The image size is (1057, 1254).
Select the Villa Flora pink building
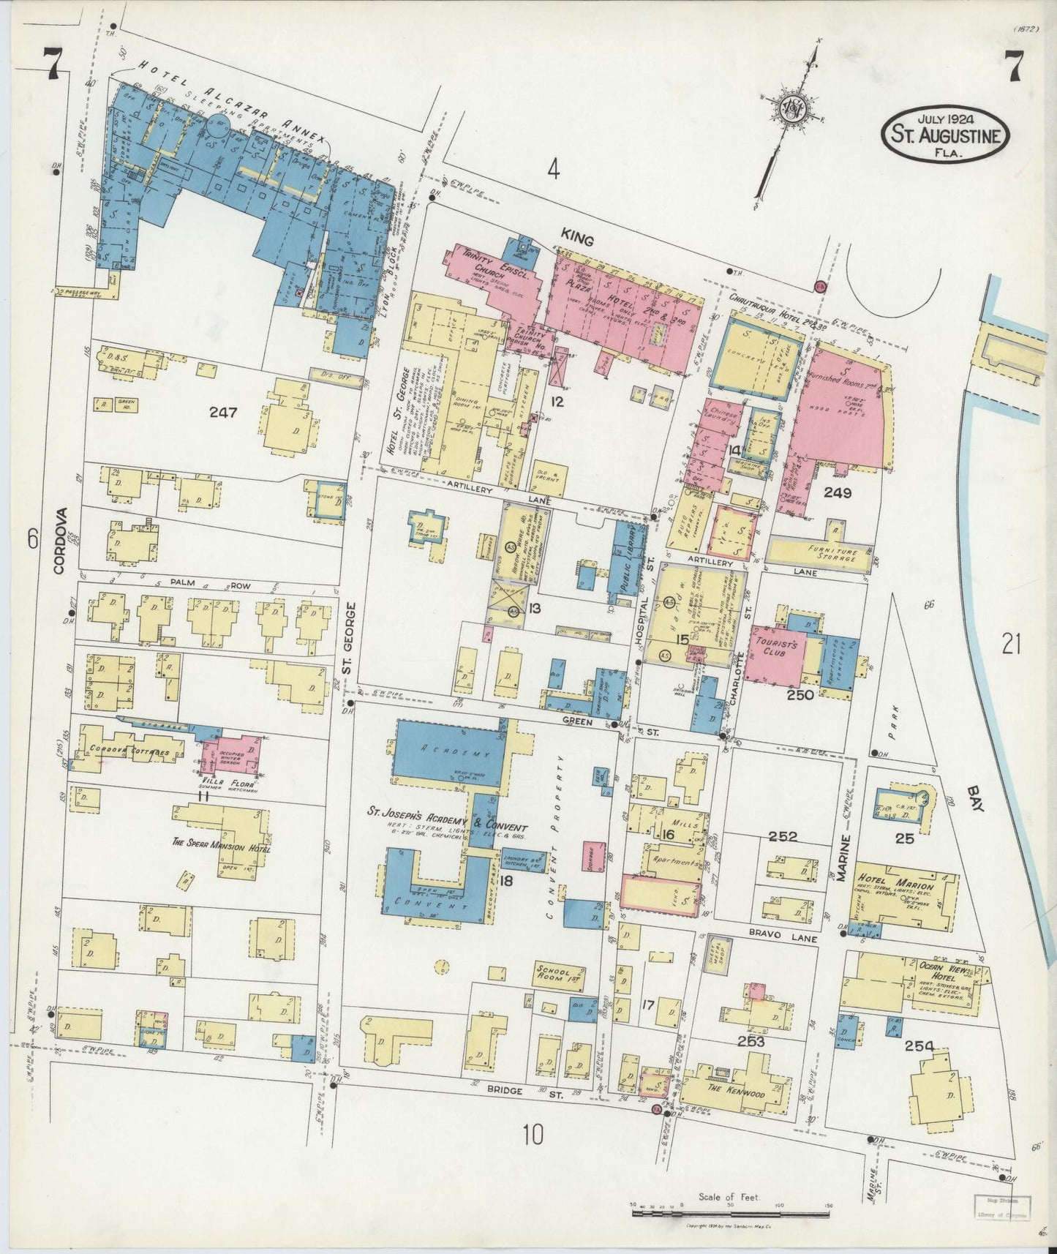click(x=233, y=754)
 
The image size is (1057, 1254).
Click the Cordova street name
click(x=61, y=541)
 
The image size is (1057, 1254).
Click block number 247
click(x=222, y=412)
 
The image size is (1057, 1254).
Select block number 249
click(x=837, y=493)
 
